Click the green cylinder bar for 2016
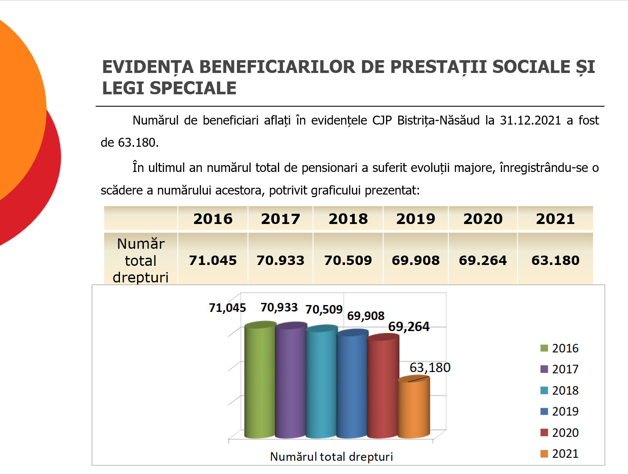click(x=260, y=380)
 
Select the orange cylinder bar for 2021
click(x=414, y=408)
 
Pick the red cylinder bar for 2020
click(x=383, y=386)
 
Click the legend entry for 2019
click(x=559, y=411)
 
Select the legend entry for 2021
click(x=559, y=454)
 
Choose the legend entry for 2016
click(x=559, y=348)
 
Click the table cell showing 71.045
click(x=213, y=260)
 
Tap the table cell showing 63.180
click(x=555, y=260)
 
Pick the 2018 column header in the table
click(x=348, y=219)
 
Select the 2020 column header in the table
click(x=483, y=219)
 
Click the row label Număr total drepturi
click(x=140, y=260)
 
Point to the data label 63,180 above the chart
click(x=430, y=367)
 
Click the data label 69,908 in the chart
click(x=365, y=316)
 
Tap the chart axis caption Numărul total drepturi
click(x=331, y=457)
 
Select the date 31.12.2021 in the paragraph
click(x=530, y=120)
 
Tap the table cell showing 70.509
click(x=348, y=260)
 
